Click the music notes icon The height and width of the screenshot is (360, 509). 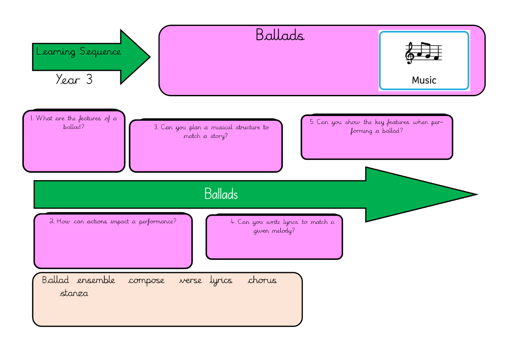click(x=424, y=53)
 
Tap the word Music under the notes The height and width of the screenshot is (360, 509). click(x=424, y=80)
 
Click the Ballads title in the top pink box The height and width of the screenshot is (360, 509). click(x=280, y=35)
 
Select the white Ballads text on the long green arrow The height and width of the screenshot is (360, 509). click(x=221, y=194)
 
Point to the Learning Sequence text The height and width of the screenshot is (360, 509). click(x=78, y=52)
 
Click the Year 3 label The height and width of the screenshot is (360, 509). click(x=74, y=80)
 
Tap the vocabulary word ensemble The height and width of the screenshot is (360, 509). click(x=96, y=280)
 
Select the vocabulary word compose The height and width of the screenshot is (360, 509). click(x=146, y=280)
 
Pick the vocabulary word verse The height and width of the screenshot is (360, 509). click(x=190, y=280)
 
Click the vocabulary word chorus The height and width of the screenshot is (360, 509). click(x=262, y=280)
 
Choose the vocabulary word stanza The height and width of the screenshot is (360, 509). click(x=74, y=293)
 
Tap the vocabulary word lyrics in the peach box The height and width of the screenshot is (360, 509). click(x=221, y=281)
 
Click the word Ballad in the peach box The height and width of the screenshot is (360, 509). click(x=55, y=280)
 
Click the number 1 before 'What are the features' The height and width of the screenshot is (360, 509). click(x=32, y=118)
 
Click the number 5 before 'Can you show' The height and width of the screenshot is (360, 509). click(x=312, y=122)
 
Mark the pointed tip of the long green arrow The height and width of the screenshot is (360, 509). click(x=477, y=194)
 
